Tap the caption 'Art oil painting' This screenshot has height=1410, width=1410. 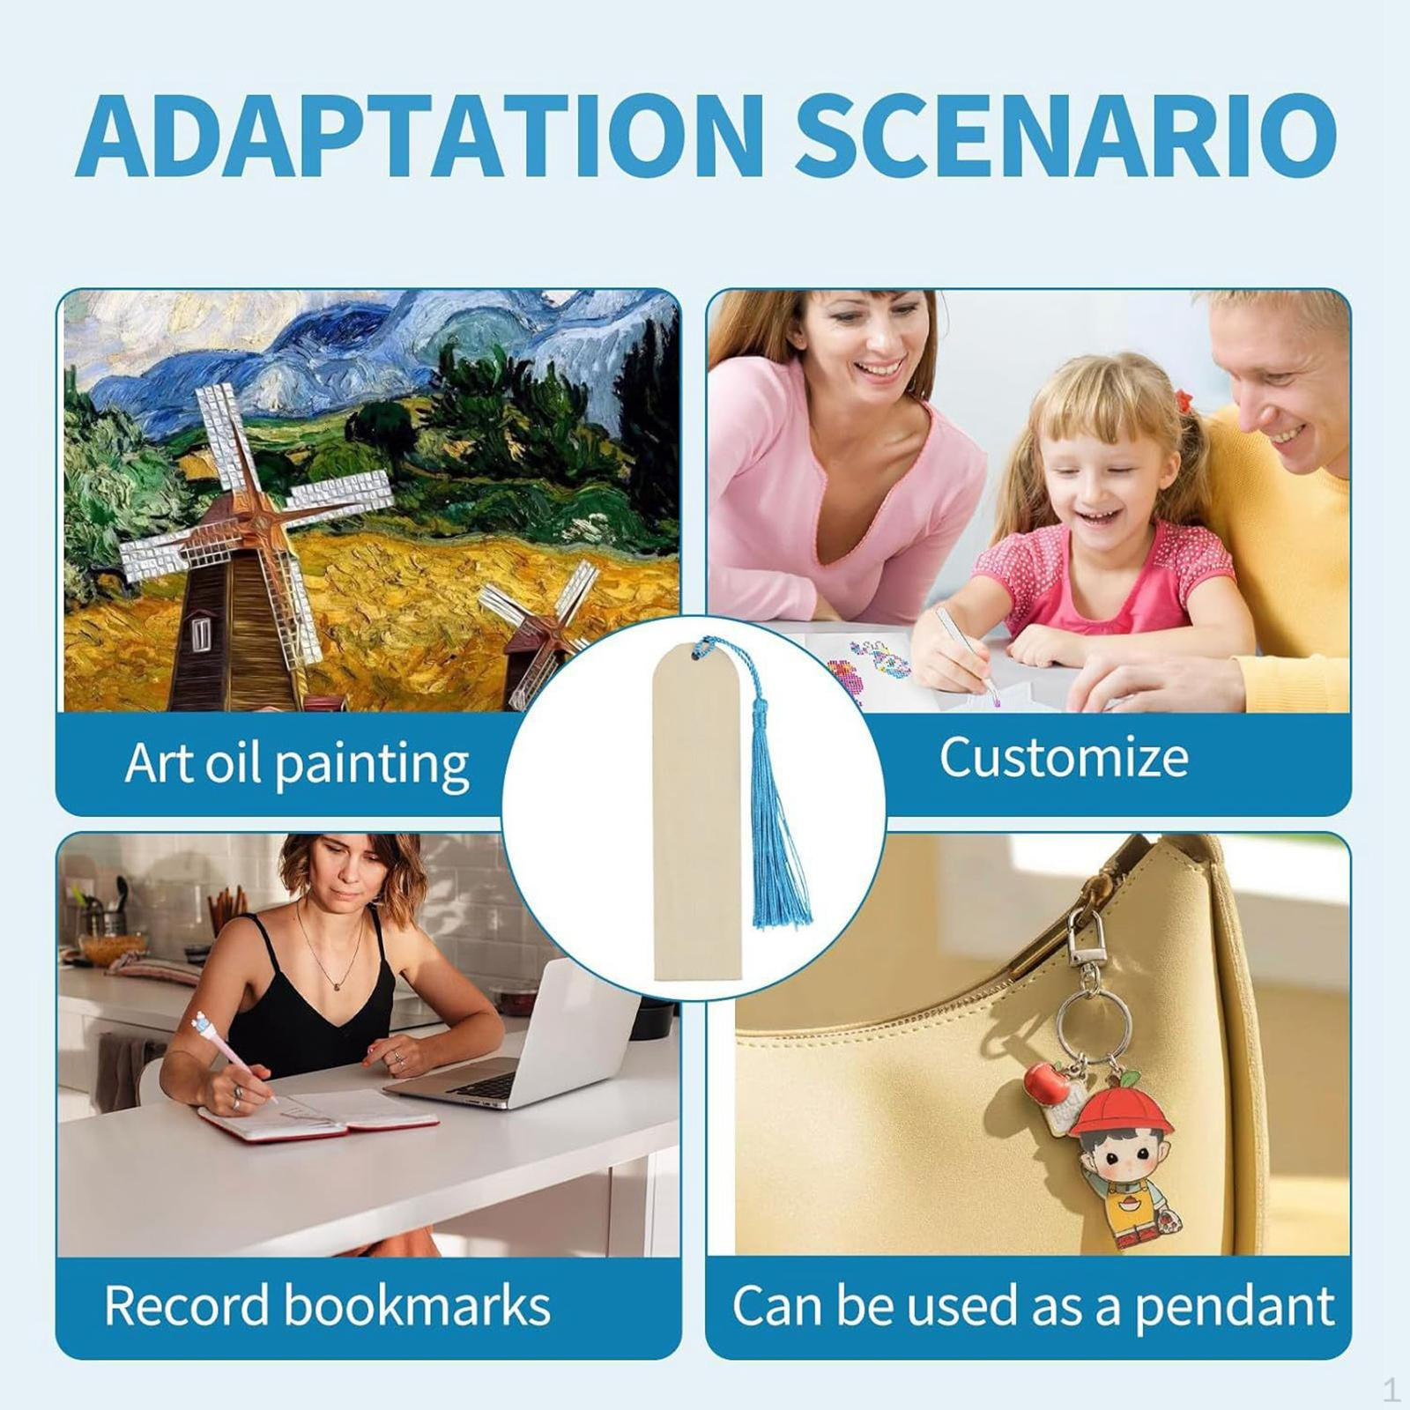tap(296, 763)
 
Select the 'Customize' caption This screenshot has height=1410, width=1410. tap(1064, 757)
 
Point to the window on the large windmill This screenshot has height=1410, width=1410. tap(202, 634)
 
